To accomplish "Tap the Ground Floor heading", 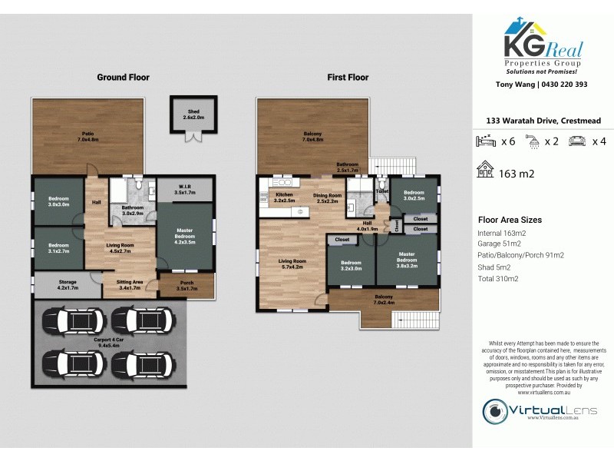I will [123, 78].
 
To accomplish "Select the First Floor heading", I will [348, 78].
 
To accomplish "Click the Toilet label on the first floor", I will [382, 191].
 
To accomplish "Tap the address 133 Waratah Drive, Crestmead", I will [543, 121].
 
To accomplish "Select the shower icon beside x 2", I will [531, 141].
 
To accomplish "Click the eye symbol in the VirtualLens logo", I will [495, 409].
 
